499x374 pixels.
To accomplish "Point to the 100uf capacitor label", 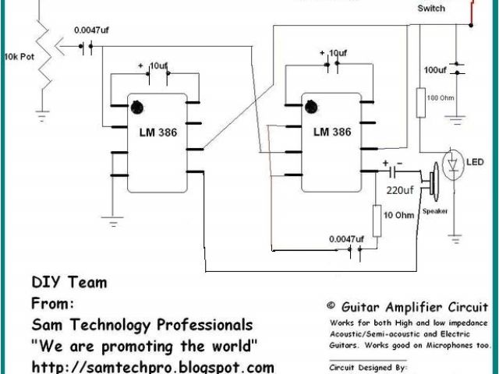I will point(435,70).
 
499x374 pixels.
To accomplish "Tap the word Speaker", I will point(435,211).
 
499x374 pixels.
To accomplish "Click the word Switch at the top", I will point(431,8).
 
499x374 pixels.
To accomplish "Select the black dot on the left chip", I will point(137,106).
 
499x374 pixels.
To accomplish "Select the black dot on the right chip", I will point(311,106).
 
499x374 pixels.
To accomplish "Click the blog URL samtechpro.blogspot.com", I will point(153,365).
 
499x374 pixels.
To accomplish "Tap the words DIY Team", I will point(69,282).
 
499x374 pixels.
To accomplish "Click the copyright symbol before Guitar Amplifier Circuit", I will point(331,307).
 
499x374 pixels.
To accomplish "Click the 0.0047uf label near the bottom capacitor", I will point(346,238).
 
